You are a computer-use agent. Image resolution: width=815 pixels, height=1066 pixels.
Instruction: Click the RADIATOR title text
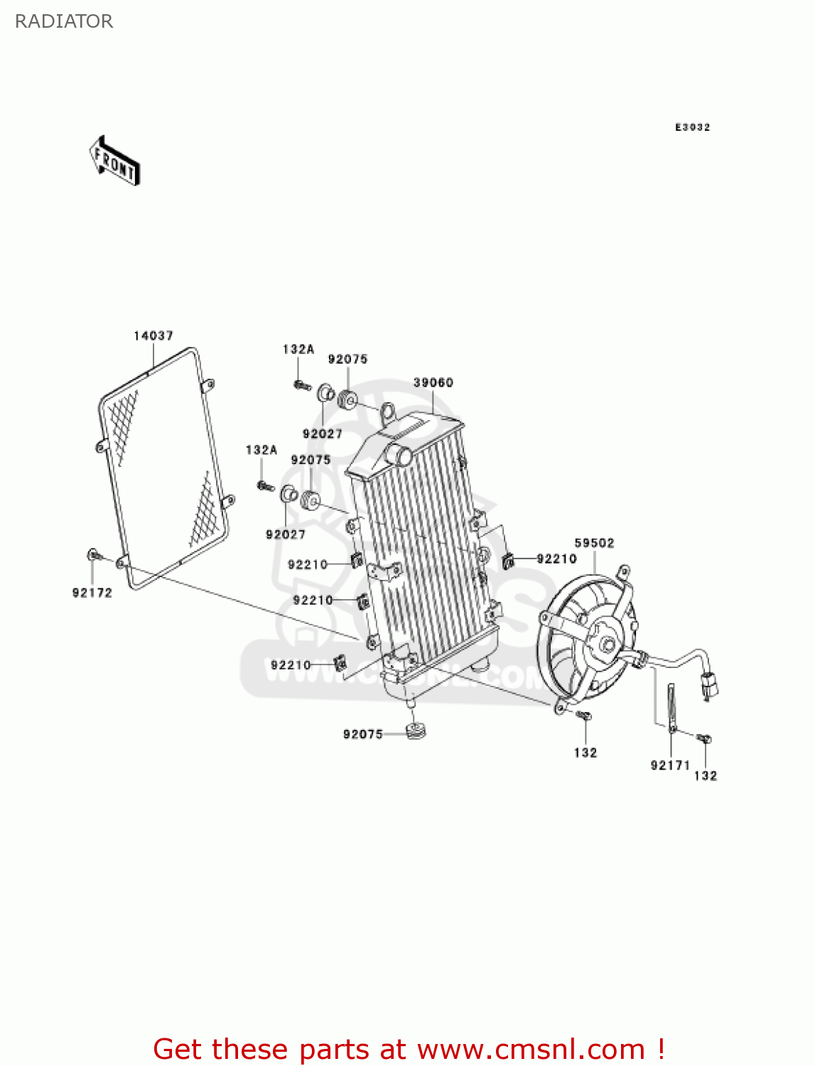[64, 21]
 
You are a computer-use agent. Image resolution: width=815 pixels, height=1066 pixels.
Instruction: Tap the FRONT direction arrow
[114, 161]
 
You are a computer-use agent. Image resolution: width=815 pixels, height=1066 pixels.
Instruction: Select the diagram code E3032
[692, 127]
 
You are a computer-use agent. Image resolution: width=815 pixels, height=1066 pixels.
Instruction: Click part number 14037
[153, 335]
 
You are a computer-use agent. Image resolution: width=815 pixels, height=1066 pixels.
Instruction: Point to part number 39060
[433, 382]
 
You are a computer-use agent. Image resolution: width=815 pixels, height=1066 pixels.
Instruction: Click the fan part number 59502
[594, 543]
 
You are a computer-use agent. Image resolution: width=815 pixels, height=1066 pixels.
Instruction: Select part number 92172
[92, 593]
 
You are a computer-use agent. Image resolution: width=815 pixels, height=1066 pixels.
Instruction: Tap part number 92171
[670, 765]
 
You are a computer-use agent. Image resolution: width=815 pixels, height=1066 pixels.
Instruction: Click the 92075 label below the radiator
[363, 734]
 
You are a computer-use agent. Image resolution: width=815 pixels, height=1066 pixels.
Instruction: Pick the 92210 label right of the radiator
[556, 559]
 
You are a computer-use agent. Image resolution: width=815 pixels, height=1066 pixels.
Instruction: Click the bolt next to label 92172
[94, 554]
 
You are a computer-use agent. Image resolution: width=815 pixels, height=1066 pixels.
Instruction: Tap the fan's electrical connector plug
[709, 684]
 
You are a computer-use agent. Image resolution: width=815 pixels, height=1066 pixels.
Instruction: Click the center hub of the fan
[608, 645]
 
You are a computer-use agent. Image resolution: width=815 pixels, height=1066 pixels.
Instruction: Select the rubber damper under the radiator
[416, 730]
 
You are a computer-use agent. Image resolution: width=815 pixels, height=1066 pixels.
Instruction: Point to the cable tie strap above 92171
[670, 706]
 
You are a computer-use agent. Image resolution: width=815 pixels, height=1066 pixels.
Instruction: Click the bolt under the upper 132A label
[301, 385]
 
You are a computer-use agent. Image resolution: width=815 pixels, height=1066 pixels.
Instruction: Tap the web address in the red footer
[530, 1049]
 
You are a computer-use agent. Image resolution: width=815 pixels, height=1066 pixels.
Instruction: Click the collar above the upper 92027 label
[325, 393]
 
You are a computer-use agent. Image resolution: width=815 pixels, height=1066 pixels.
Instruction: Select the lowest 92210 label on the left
[291, 665]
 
